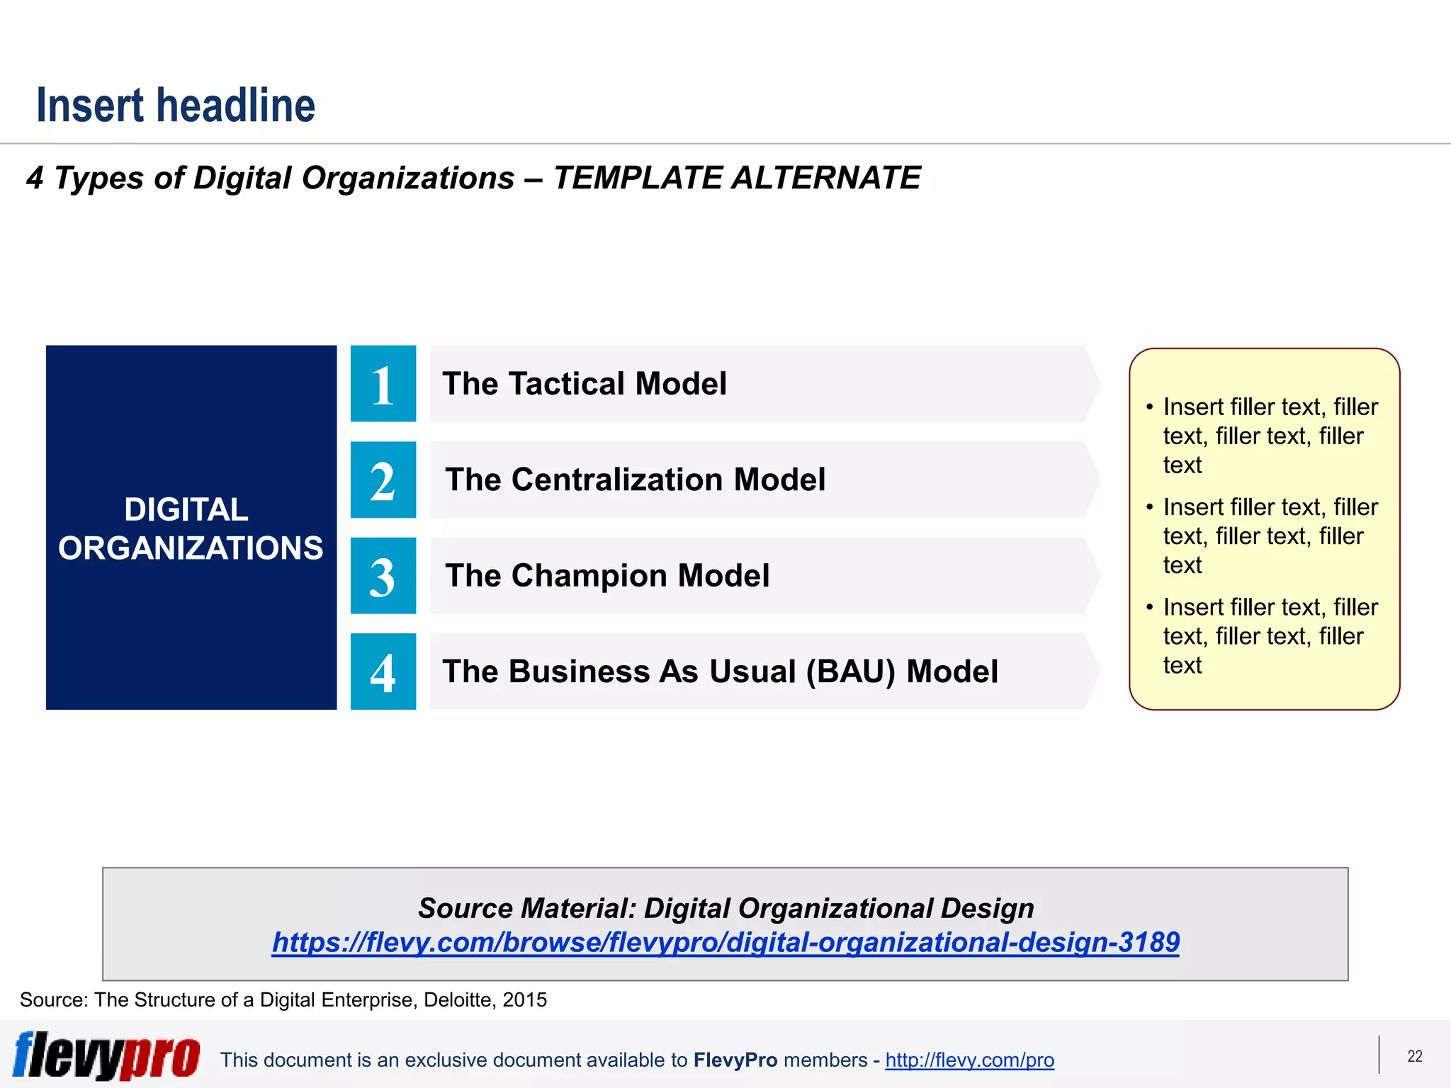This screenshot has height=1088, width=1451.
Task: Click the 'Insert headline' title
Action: pyautogui.click(x=176, y=106)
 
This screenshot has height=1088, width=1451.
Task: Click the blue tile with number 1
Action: pyautogui.click(x=383, y=384)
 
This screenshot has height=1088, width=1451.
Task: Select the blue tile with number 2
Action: pyautogui.click(x=383, y=480)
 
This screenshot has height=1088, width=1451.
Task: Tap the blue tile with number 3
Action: pyautogui.click(x=383, y=576)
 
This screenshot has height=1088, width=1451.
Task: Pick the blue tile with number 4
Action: pyautogui.click(x=383, y=671)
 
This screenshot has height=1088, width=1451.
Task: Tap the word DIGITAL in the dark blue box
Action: pyautogui.click(x=186, y=510)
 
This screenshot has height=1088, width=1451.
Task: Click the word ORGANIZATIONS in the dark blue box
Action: pyautogui.click(x=191, y=548)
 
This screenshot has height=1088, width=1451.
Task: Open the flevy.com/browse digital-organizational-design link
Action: pyautogui.click(x=725, y=942)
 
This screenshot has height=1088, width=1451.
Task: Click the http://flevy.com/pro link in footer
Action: pyautogui.click(x=969, y=1060)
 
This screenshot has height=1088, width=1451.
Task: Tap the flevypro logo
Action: pyautogui.click(x=106, y=1055)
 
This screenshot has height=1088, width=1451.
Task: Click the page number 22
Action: pyautogui.click(x=1414, y=1056)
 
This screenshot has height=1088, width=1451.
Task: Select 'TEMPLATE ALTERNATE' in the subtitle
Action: pyautogui.click(x=736, y=178)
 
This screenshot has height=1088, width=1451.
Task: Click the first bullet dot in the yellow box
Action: pyautogui.click(x=1149, y=407)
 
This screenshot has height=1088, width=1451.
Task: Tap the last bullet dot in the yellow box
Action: pyautogui.click(x=1149, y=608)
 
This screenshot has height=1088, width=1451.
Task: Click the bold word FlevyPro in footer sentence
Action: pyautogui.click(x=735, y=1060)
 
